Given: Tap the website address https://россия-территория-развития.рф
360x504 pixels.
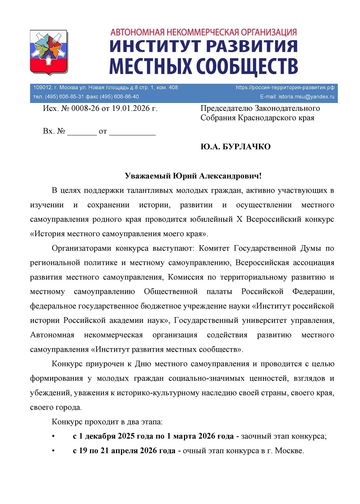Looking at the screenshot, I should pyautogui.click(x=285, y=87).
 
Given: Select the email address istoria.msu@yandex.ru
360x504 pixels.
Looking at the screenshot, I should pyautogui.click(x=306, y=96).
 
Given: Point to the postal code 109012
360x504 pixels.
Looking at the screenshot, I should pyautogui.click(x=42, y=87).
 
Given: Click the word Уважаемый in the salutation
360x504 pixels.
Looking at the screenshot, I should pyautogui.click(x=148, y=176).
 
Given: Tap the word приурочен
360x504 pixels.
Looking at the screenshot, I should pyautogui.click(x=104, y=364).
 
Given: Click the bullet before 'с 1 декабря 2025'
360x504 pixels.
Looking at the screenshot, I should pyautogui.click(x=53, y=436).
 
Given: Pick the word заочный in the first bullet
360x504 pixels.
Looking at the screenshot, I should pyautogui.click(x=256, y=436).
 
